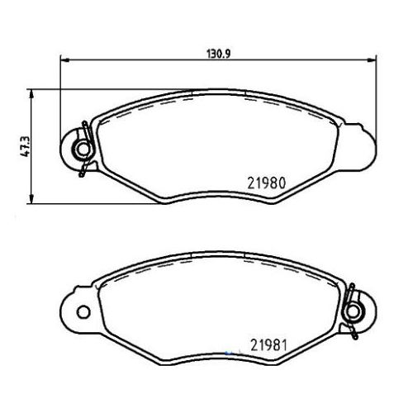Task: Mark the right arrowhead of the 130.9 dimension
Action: click(373, 59)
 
